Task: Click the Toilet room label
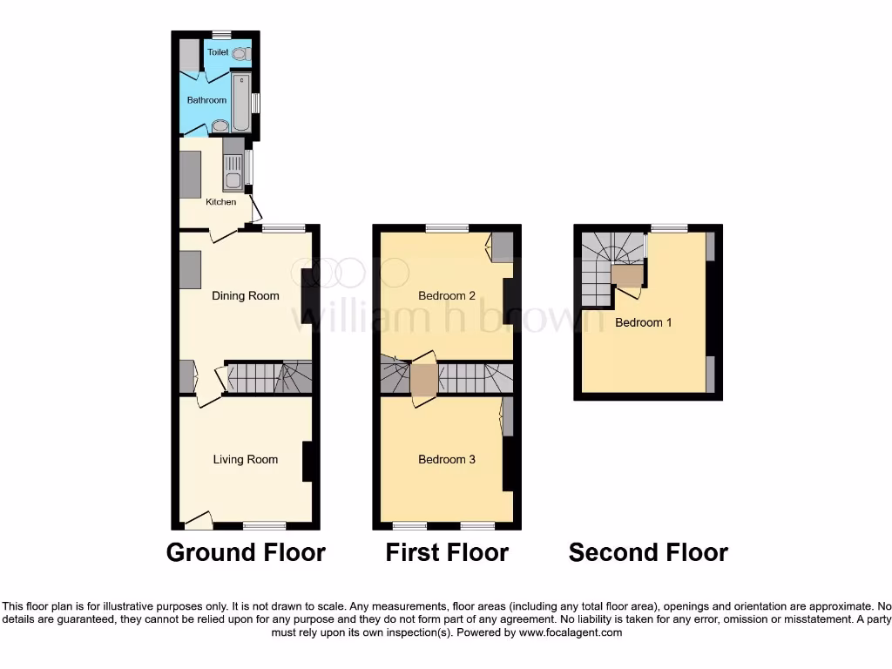(x=218, y=52)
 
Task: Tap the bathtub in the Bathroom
(x=241, y=101)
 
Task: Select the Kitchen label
(x=220, y=202)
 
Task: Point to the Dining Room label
(x=246, y=295)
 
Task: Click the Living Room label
(x=246, y=459)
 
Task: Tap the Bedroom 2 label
(x=447, y=295)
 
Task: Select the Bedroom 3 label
(x=447, y=459)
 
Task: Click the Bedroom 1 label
(x=644, y=322)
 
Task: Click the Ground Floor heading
(x=246, y=552)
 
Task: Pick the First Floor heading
(x=447, y=552)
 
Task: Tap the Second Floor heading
(x=648, y=552)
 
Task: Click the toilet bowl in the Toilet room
(x=239, y=53)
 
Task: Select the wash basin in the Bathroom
(x=220, y=125)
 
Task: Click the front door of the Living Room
(x=199, y=521)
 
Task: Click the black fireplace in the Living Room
(x=307, y=462)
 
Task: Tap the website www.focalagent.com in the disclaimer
(x=571, y=632)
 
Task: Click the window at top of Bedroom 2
(x=447, y=228)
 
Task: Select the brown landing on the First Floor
(x=424, y=380)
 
